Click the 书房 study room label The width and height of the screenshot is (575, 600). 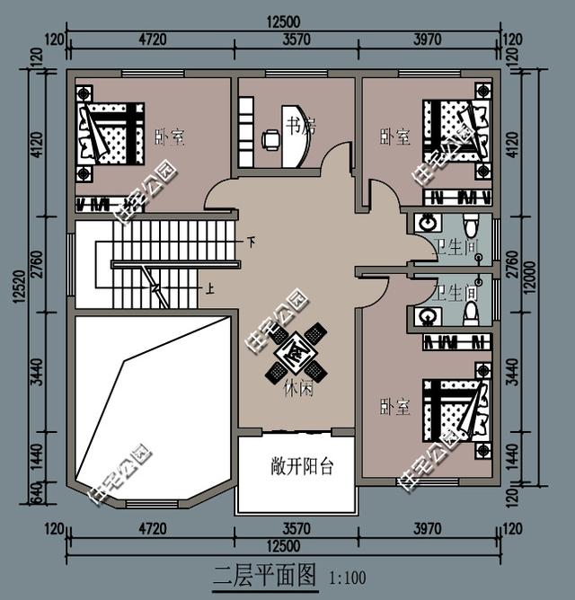(300, 125)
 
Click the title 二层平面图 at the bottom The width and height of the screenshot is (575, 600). (266, 576)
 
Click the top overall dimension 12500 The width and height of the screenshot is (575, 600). (284, 21)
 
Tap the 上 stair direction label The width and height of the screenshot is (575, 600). (209, 289)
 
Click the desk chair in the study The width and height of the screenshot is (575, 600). (270, 138)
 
